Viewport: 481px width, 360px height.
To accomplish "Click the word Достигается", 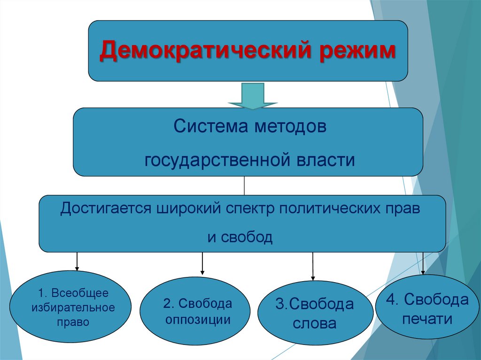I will pyautogui.click(x=102, y=208).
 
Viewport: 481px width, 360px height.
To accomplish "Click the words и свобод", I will pyautogui.click(x=240, y=237).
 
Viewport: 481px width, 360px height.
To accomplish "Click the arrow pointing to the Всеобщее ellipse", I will pyautogui.click(x=77, y=261).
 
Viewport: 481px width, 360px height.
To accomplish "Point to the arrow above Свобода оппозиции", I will pyautogui.click(x=202, y=263).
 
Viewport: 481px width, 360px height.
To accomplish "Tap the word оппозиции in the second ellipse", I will pyautogui.click(x=197, y=321).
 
